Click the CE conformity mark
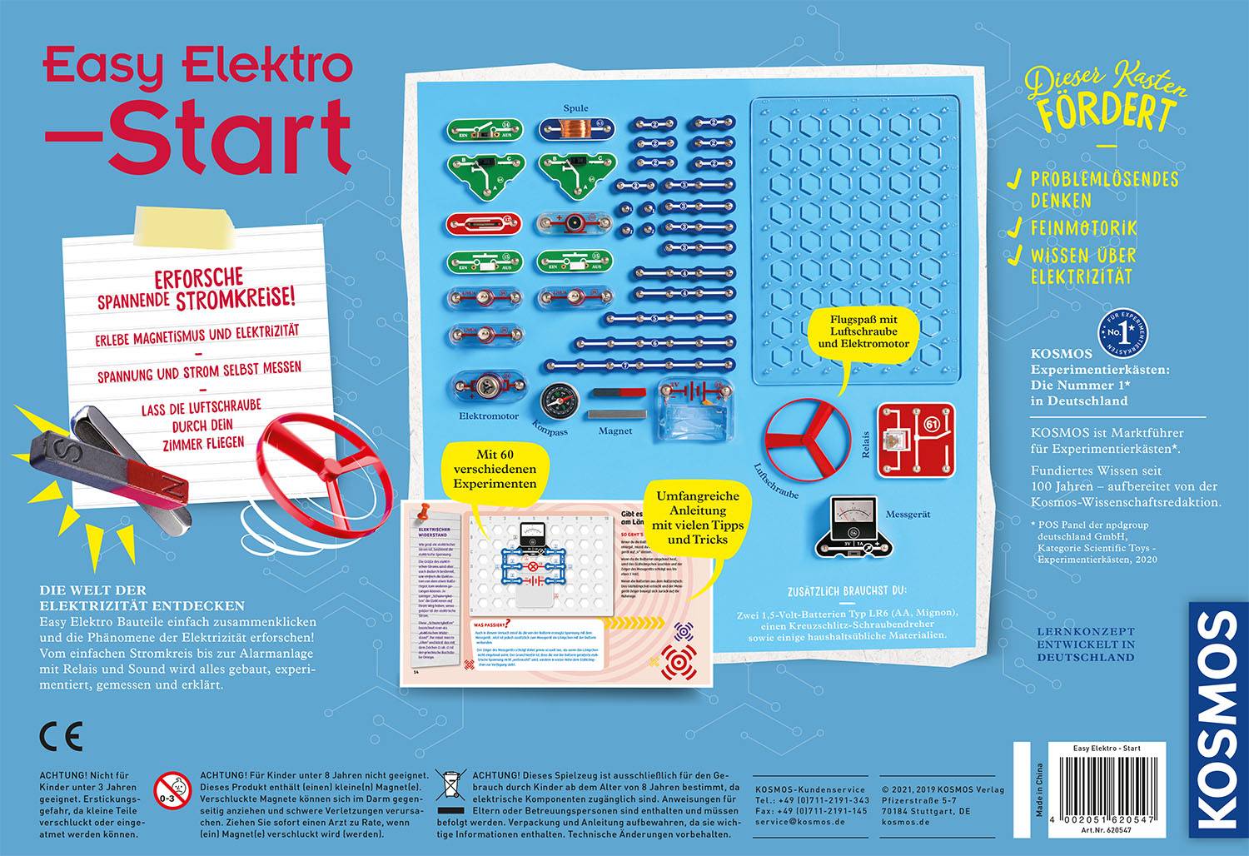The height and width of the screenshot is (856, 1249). [61, 737]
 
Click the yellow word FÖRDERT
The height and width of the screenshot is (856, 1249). [1107, 112]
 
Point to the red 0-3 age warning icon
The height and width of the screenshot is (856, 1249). [172, 787]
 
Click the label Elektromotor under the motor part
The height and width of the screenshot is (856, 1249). [489, 416]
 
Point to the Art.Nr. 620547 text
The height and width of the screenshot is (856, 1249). [1104, 843]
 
